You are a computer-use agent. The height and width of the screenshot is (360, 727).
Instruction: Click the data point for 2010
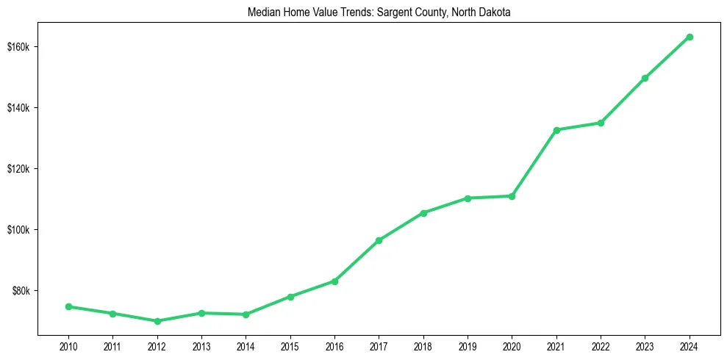(68, 306)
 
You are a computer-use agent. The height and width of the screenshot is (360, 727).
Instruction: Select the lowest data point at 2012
(157, 321)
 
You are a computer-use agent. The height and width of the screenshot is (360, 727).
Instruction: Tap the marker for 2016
(334, 281)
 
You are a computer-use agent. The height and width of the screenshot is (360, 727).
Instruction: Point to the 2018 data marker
(423, 213)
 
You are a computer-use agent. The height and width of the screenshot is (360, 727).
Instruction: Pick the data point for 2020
(512, 196)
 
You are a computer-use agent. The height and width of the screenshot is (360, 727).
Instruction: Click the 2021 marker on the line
(556, 130)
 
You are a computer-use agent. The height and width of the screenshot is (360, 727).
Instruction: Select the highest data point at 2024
(690, 37)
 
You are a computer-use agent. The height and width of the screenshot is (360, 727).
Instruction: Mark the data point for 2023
(645, 78)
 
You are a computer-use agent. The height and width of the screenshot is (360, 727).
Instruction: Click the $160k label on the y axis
(18, 47)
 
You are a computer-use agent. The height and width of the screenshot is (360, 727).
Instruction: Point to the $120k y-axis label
(18, 169)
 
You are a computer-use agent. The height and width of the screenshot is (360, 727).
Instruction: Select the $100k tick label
(18, 230)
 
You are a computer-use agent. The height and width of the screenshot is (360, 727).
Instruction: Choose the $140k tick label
(18, 108)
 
